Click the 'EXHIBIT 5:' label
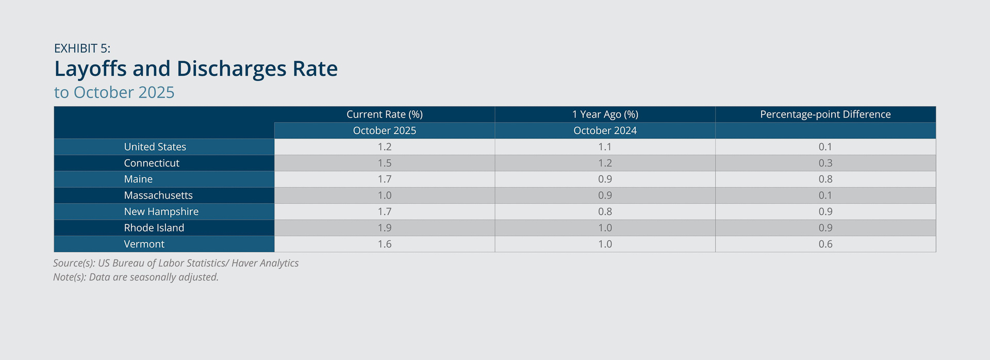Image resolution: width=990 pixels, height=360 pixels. [x=82, y=48]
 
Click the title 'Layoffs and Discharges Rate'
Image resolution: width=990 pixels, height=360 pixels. [x=196, y=69]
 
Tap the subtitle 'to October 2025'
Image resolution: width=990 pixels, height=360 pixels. [x=114, y=92]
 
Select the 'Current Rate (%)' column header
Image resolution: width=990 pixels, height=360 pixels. [x=385, y=114]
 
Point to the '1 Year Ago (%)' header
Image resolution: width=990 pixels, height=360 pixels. [x=605, y=114]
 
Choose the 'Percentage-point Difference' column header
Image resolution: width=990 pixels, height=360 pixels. [x=826, y=114]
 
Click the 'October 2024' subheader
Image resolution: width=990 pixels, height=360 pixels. [x=605, y=130]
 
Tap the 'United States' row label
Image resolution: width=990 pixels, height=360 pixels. [x=155, y=147]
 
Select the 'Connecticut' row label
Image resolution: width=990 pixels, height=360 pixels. [x=152, y=163]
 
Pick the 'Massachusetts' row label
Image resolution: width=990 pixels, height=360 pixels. [x=158, y=195]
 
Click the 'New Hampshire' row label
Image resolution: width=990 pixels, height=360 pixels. [x=161, y=212]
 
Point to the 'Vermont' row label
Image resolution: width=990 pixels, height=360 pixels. [x=144, y=244]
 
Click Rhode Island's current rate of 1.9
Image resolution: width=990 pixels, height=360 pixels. [x=385, y=228]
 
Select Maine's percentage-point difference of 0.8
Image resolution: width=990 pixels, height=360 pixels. [x=826, y=179]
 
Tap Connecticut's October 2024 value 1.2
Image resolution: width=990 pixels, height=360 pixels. [x=605, y=163]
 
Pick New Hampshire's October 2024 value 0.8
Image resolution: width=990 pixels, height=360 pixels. [x=605, y=211]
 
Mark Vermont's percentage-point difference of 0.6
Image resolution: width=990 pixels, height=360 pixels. [x=826, y=244]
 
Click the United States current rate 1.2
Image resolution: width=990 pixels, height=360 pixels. [x=385, y=147]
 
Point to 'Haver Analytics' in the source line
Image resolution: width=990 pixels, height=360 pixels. [x=265, y=263]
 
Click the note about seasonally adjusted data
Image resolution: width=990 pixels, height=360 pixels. [x=136, y=277]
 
